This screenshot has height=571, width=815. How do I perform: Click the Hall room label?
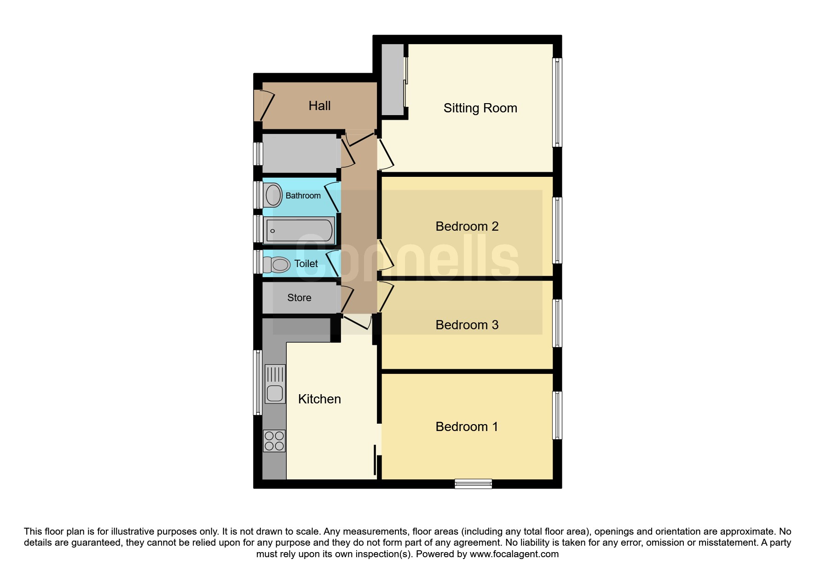(319, 106)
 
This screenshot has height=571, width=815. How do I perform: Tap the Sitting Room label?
(480, 108)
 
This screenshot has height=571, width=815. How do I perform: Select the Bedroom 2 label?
(467, 226)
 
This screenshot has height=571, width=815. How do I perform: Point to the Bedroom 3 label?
(467, 325)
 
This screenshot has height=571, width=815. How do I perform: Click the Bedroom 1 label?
(467, 426)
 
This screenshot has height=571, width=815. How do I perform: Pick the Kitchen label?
(319, 399)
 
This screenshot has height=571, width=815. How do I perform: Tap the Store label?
(299, 298)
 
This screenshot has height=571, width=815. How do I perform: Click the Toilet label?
(306, 263)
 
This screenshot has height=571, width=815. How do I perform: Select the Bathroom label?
(303, 196)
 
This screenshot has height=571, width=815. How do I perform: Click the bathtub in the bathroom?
(299, 231)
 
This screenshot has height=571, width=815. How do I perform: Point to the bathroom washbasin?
(272, 195)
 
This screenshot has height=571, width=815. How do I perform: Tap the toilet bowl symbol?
(276, 264)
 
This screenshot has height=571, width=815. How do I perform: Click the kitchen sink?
(275, 384)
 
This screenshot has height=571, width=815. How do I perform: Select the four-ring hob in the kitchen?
(274, 441)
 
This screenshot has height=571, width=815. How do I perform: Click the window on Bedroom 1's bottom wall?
(473, 484)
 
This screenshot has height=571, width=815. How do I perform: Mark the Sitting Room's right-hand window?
(557, 102)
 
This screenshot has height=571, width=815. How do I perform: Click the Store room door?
(347, 299)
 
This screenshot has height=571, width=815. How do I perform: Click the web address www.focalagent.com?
(514, 554)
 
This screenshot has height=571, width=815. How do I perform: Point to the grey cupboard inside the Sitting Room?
(393, 80)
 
